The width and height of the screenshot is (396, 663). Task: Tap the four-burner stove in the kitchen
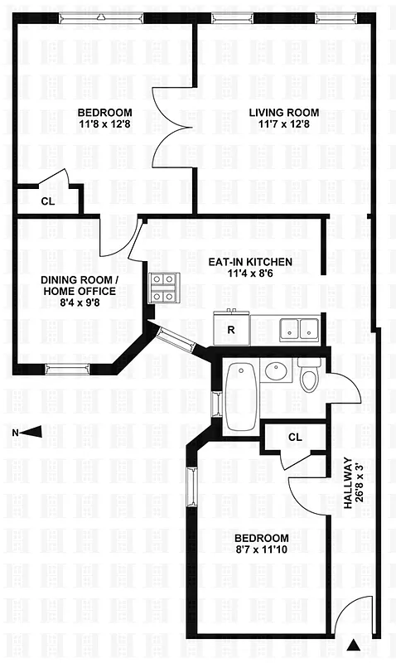[x=163, y=288]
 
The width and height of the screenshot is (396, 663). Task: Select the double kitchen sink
[x=297, y=328]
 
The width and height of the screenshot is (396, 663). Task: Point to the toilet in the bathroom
[x=310, y=378]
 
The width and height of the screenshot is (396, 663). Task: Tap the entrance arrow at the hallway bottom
[x=355, y=644]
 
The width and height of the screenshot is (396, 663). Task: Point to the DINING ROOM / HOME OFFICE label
[x=79, y=286]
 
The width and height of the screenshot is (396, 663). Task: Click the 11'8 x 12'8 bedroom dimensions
[x=105, y=126]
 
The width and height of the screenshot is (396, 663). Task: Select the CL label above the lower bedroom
[x=296, y=437]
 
